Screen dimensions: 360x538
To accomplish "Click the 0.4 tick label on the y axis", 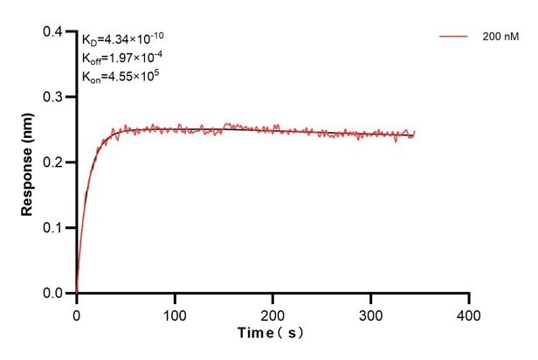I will click(54, 32).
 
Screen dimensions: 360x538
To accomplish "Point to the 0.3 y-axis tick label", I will click(54, 97).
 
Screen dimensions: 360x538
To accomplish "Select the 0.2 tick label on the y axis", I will click(54, 163).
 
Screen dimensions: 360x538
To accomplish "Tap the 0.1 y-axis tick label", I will click(54, 228).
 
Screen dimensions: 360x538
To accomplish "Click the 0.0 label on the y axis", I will click(54, 294).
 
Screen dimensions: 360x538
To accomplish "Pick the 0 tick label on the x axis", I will click(77, 313).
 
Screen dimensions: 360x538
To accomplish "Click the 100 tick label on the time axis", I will click(175, 313).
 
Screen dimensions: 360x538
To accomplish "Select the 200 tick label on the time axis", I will click(273, 313).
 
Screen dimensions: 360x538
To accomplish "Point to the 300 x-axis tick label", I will click(371, 313).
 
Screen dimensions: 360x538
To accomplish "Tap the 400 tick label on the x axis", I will click(470, 313).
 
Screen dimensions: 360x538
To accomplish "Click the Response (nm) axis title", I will click(27, 163).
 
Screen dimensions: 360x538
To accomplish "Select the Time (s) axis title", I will click(272, 334).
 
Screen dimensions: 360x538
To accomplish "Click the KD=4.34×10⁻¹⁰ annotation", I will click(123, 39).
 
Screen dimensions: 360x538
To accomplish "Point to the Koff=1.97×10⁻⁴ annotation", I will click(123, 58).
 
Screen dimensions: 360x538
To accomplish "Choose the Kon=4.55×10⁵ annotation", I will click(120, 76).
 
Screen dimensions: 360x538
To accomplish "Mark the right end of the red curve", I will click(415, 132).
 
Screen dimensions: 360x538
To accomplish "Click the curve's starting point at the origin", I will click(77, 293).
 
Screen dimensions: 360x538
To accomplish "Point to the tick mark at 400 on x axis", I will click(470, 298).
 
